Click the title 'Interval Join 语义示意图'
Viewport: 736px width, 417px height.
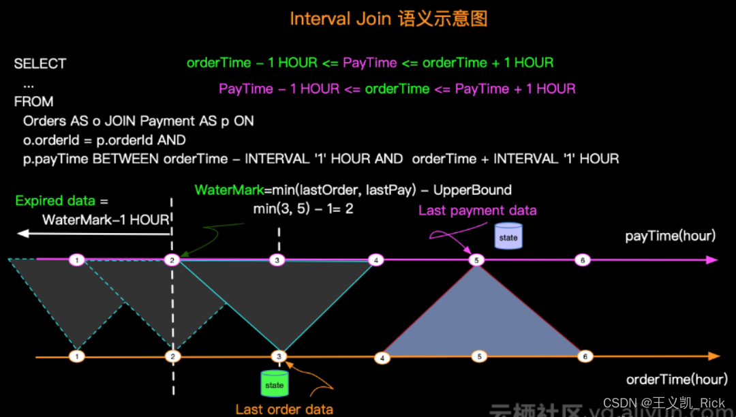(x=388, y=18)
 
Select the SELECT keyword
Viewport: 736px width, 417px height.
(x=40, y=64)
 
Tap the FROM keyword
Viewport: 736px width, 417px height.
(x=33, y=102)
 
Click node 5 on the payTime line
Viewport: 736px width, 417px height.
(x=477, y=260)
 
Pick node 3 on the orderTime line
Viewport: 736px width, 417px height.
(x=278, y=356)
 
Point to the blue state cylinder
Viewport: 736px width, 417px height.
(x=508, y=237)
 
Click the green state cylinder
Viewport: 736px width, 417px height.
(x=275, y=384)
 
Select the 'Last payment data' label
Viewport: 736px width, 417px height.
(x=477, y=211)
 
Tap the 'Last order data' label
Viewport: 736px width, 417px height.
(x=284, y=410)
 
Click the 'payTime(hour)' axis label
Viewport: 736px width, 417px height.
(x=671, y=236)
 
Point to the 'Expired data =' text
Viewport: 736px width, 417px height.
(x=61, y=201)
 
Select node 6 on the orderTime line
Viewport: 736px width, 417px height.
(x=583, y=356)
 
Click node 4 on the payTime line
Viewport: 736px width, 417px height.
(x=375, y=260)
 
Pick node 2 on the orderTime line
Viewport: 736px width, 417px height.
(x=173, y=356)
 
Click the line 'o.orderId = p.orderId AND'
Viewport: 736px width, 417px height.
(x=104, y=140)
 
